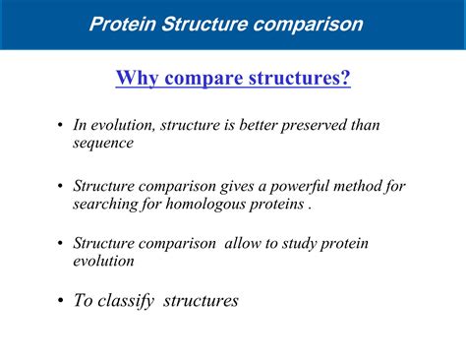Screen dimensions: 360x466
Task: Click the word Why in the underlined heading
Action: (136, 77)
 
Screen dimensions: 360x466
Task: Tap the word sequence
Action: (102, 143)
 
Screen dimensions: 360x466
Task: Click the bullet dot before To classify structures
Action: (62, 301)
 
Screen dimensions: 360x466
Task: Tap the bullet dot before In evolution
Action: (62, 126)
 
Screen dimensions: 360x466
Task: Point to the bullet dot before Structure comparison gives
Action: (62, 187)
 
